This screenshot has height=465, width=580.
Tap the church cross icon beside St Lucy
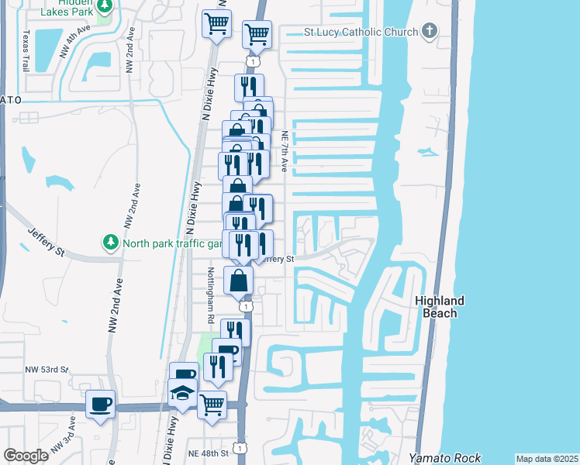click(x=429, y=33)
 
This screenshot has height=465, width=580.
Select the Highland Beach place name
click(x=439, y=306)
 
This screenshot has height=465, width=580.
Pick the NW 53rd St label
click(x=47, y=370)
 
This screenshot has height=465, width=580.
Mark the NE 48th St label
click(x=209, y=453)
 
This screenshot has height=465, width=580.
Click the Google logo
click(x=26, y=456)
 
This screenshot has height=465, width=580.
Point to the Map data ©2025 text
click(x=547, y=459)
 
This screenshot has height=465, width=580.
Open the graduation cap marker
click(x=183, y=392)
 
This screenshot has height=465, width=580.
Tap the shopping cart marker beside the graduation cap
click(x=212, y=403)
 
